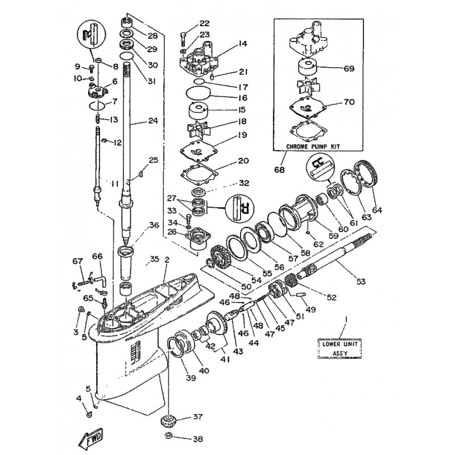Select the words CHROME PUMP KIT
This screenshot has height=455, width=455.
tap(313, 146)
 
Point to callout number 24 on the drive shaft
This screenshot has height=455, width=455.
tap(152, 121)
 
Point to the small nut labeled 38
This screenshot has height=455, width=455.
tap(169, 437)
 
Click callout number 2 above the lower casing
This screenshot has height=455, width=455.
tap(167, 260)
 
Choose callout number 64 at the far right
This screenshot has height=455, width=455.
tap(377, 210)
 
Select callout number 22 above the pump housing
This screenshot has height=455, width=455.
tap(204, 24)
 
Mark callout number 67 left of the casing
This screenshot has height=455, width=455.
tap(77, 262)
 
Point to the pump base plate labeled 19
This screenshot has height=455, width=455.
tap(200, 150)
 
